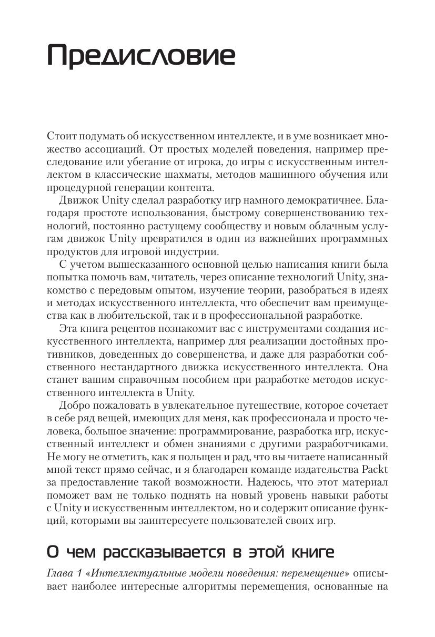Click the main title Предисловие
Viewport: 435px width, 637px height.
141,55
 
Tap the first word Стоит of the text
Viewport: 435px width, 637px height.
61,136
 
